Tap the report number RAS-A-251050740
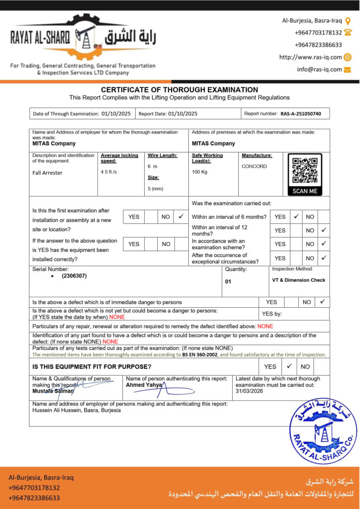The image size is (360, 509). (301, 114)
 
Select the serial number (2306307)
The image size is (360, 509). (74, 276)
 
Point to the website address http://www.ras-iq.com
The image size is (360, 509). (310, 57)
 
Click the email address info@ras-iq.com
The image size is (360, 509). (319, 70)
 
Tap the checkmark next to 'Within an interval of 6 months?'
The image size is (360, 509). (296, 217)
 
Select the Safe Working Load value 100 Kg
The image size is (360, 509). (199, 172)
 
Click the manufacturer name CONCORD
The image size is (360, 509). (254, 167)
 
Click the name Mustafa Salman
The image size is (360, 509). (53, 391)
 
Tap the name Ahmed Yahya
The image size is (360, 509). (144, 385)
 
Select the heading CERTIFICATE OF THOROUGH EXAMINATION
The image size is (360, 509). (180, 89)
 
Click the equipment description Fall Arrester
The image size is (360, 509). (47, 173)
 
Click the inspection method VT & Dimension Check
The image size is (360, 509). (298, 280)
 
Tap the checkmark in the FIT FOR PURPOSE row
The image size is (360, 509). (289, 366)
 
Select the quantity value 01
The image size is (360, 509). (228, 282)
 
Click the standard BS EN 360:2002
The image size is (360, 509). (200, 355)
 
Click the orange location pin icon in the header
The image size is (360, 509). (348, 21)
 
